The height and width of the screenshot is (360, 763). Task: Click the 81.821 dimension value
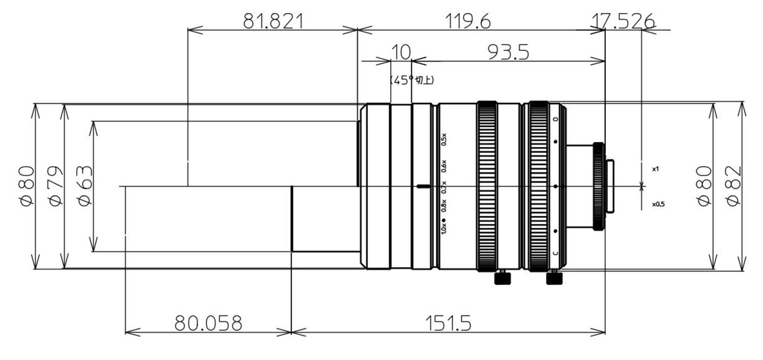pyautogui.click(x=273, y=21)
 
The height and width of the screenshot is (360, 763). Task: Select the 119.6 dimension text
pyautogui.click(x=468, y=21)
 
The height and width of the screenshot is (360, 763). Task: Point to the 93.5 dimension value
pyautogui.click(x=508, y=52)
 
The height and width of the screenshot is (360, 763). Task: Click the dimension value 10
pyautogui.click(x=401, y=52)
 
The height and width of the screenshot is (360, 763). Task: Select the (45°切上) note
pyautogui.click(x=412, y=80)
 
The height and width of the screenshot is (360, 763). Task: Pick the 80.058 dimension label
pyautogui.click(x=208, y=323)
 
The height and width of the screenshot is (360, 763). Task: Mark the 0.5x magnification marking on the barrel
pyautogui.click(x=444, y=139)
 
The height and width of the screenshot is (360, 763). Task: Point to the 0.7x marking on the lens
pyautogui.click(x=444, y=187)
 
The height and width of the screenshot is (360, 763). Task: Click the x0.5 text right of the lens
pyautogui.click(x=658, y=204)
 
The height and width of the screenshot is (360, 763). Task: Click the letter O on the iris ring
pyautogui.click(x=555, y=119)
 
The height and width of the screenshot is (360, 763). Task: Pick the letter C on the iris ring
pyautogui.click(x=555, y=253)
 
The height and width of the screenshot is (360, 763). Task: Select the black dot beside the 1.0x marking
pyautogui.click(x=444, y=220)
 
